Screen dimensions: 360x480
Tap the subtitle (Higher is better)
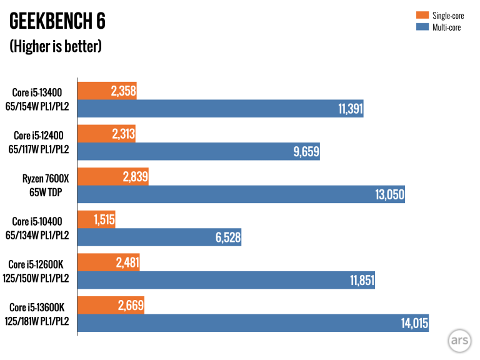pyautogui.click(x=55, y=46)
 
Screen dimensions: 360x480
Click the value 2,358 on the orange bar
pyautogui.click(x=123, y=91)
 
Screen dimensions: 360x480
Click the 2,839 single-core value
pyautogui.click(x=135, y=177)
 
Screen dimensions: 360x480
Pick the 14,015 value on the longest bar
pyautogui.click(x=414, y=323)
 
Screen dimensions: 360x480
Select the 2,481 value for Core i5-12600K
pyautogui.click(x=126, y=262)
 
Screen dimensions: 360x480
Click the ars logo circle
pyautogui.click(x=458, y=341)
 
